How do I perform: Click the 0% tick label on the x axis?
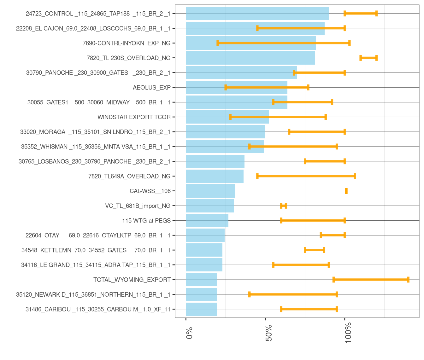(x=189, y=333)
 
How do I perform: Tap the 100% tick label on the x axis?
(x=348, y=334)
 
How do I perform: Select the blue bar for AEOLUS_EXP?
(x=237, y=87)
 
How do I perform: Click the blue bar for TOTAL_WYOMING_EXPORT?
(x=201, y=280)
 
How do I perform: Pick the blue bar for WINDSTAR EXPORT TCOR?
(x=227, y=117)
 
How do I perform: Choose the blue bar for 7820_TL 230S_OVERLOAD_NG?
(x=250, y=58)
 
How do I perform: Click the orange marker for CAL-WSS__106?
(x=346, y=191)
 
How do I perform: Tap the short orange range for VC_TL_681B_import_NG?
(x=283, y=206)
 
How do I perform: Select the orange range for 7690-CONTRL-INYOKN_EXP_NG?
(x=283, y=43)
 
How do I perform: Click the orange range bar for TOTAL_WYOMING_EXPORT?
(x=371, y=280)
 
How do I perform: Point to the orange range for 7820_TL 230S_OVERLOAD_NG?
(x=368, y=58)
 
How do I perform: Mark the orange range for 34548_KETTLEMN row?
(x=315, y=250)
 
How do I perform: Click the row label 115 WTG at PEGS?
(x=146, y=221)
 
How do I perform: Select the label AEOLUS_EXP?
(x=152, y=88)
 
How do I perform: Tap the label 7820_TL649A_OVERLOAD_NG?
(x=129, y=176)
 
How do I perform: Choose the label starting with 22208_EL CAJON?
(x=93, y=28)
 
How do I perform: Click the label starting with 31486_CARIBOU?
(x=98, y=309)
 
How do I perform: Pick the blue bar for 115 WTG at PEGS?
(x=207, y=221)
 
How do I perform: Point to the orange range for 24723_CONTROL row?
(x=360, y=14)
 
